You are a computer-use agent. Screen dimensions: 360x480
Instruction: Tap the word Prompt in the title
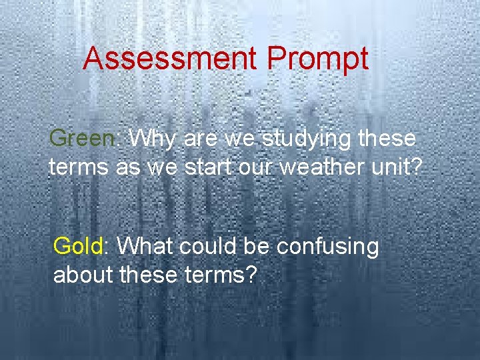click(317, 59)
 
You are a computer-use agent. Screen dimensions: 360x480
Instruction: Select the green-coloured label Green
click(82, 139)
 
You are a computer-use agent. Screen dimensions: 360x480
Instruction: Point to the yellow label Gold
click(78, 247)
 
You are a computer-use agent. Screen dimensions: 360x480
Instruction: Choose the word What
click(143, 247)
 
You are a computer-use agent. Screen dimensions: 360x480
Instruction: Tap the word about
click(82, 274)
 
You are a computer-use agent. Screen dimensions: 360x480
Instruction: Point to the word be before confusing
click(256, 247)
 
